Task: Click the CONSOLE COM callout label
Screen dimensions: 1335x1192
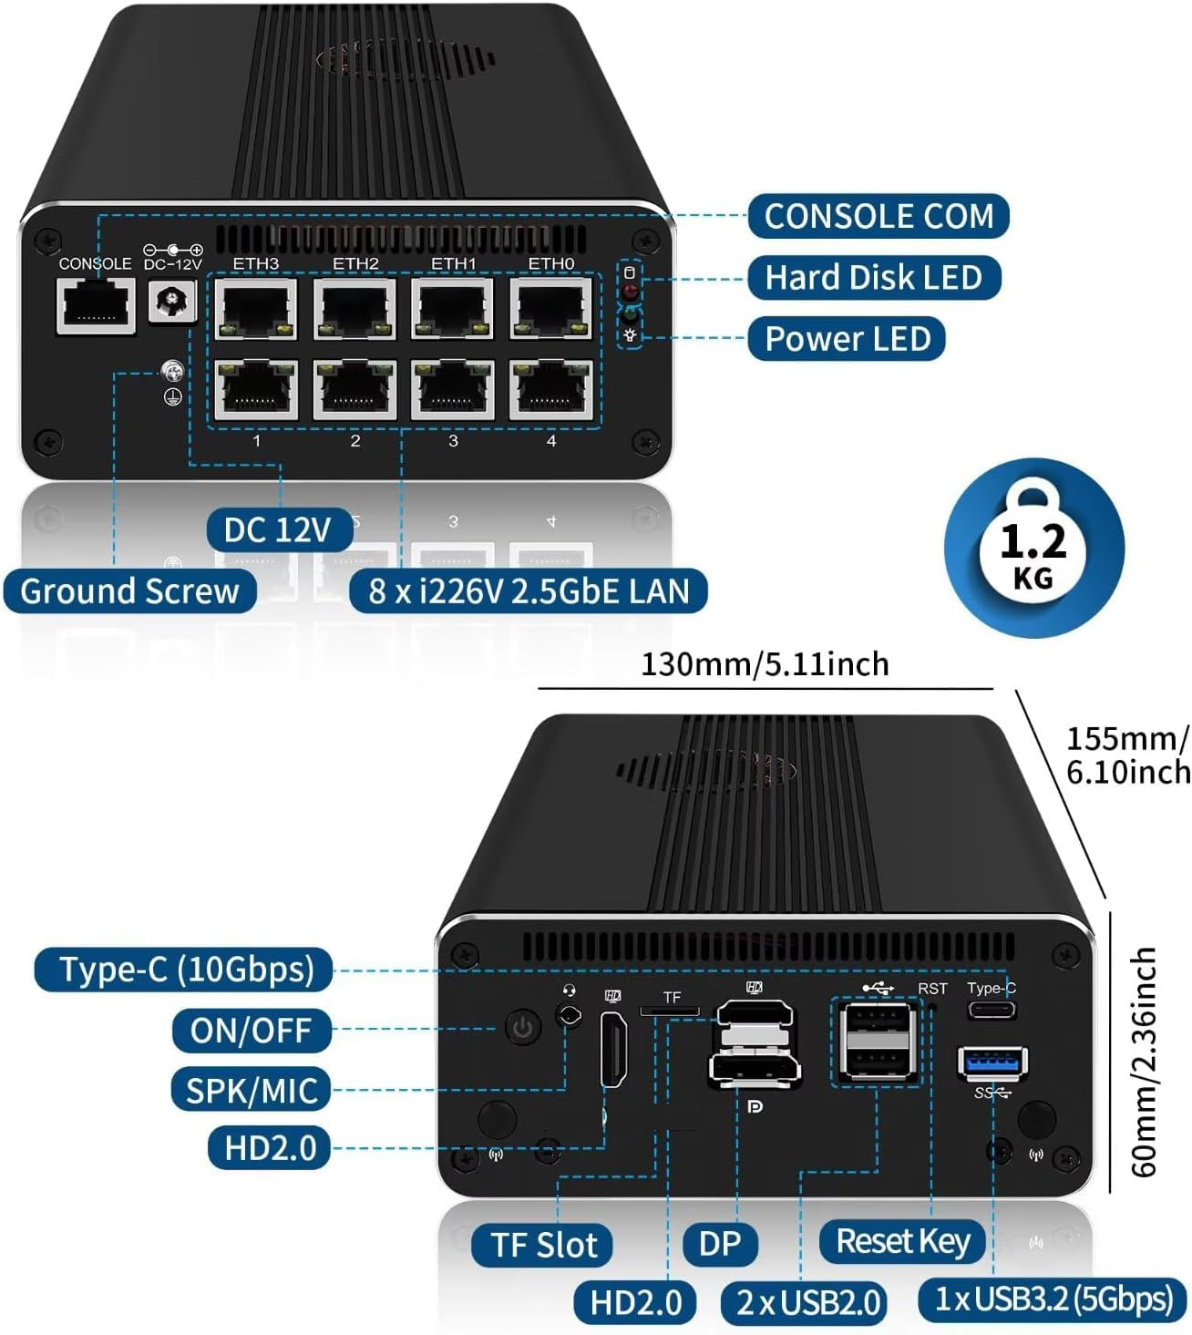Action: (x=879, y=217)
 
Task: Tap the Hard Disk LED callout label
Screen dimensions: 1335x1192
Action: (x=873, y=277)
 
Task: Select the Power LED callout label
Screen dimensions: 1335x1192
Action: (x=847, y=338)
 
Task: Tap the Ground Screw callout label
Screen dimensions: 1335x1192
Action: (x=129, y=591)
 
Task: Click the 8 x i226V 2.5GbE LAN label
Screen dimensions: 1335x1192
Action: (x=529, y=591)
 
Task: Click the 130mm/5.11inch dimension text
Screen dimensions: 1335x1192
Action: (x=765, y=664)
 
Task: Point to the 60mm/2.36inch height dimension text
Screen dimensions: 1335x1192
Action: (x=1143, y=1062)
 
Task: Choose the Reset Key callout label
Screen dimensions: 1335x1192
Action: (x=902, y=1241)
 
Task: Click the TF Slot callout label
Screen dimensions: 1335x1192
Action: (x=543, y=1245)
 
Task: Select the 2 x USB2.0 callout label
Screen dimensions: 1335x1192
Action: (x=808, y=1302)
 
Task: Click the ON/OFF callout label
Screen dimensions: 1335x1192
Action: (x=251, y=1031)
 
